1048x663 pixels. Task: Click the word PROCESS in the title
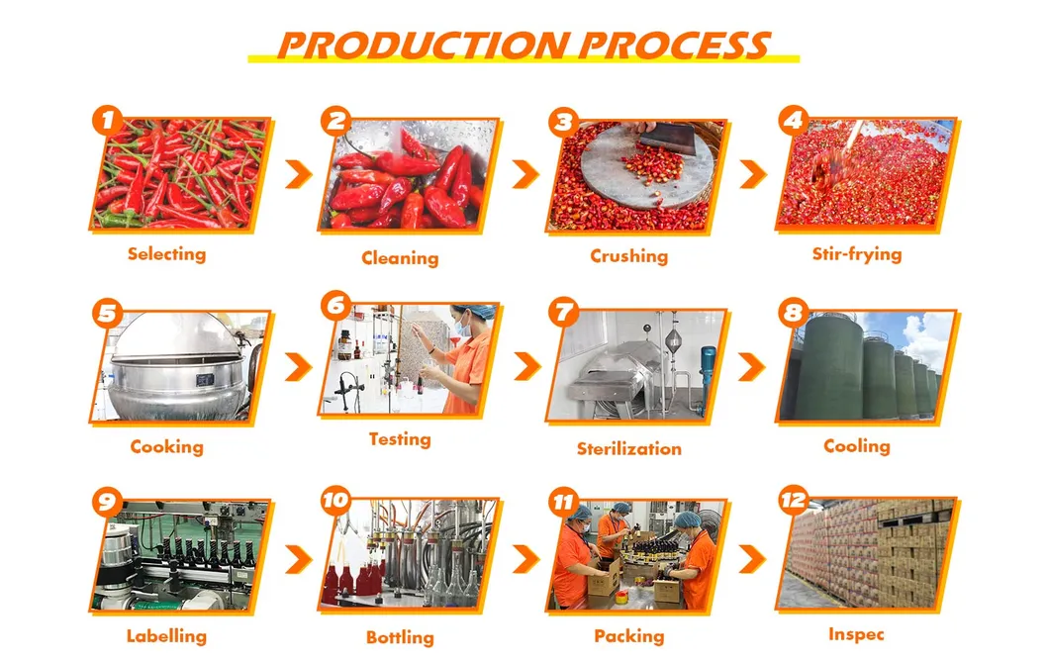click(674, 46)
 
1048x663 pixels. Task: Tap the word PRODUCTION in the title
click(424, 46)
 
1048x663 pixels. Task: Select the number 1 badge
click(108, 121)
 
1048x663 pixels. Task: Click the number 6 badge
click(336, 306)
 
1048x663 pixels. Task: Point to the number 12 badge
click(794, 500)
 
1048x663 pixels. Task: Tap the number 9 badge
click(108, 502)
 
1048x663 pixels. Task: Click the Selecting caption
click(167, 254)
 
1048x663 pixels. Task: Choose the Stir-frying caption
click(857, 254)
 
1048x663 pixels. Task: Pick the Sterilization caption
click(629, 448)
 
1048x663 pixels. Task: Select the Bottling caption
click(400, 637)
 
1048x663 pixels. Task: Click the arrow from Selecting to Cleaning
click(299, 174)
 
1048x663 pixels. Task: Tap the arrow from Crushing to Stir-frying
click(753, 174)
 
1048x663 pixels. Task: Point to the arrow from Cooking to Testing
click(299, 367)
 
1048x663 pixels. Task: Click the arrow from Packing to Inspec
click(752, 559)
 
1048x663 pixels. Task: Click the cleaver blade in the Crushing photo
click(669, 139)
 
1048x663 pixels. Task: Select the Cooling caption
click(857, 445)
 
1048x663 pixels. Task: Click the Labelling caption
click(166, 636)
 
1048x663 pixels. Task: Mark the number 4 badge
click(794, 121)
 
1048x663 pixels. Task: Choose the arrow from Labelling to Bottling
click(299, 559)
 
